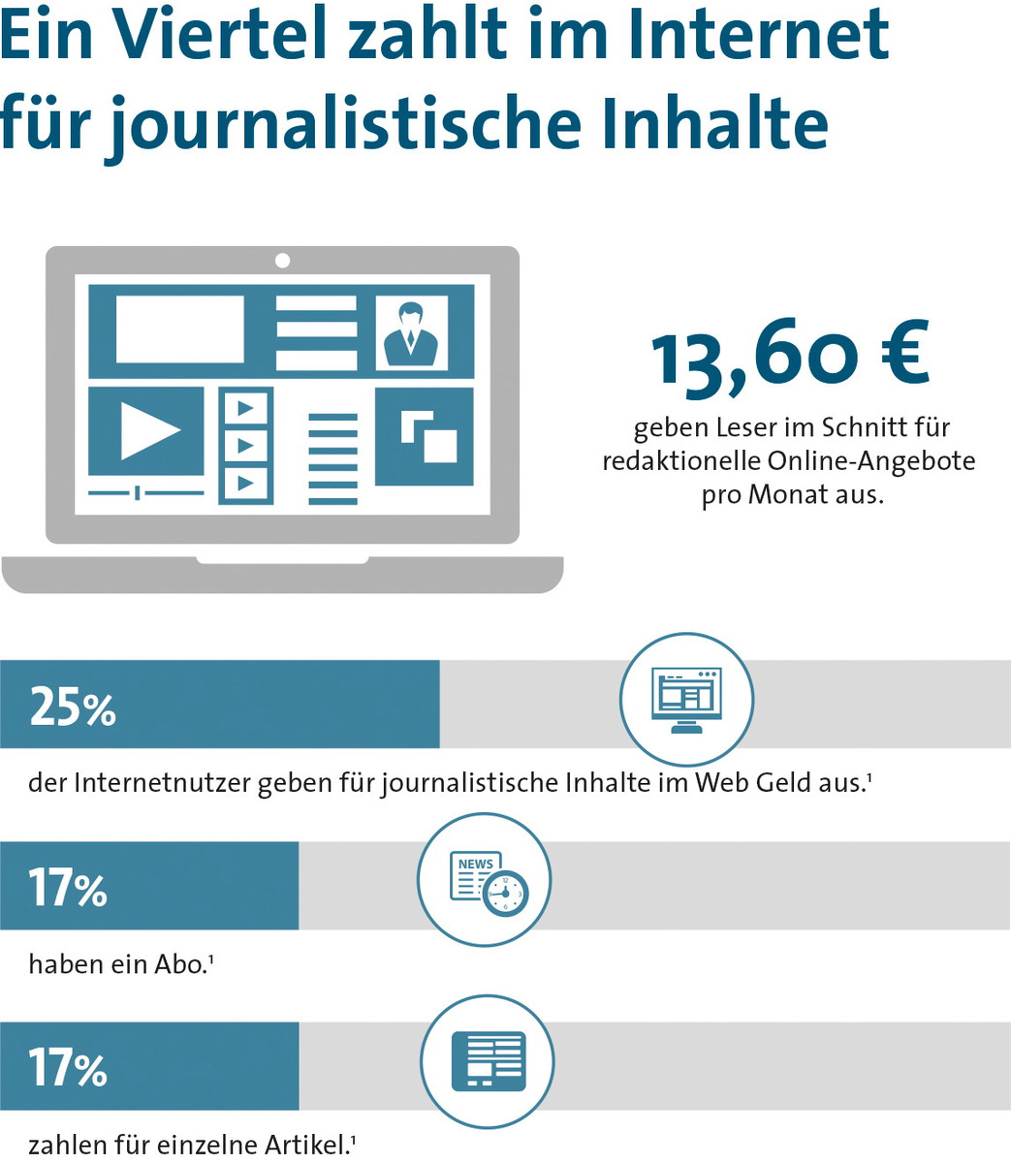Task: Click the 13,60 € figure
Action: click(790, 358)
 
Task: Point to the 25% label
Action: click(73, 707)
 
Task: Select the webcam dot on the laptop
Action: click(282, 260)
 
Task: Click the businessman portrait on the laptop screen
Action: click(412, 333)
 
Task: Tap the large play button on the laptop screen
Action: click(147, 430)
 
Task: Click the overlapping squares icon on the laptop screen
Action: click(425, 436)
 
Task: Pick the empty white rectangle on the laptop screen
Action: click(180, 329)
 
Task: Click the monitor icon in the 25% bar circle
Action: click(686, 699)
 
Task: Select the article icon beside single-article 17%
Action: click(488, 1060)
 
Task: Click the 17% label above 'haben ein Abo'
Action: click(68, 887)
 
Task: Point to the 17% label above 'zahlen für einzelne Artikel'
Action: click(68, 1067)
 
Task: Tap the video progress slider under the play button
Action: click(146, 493)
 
